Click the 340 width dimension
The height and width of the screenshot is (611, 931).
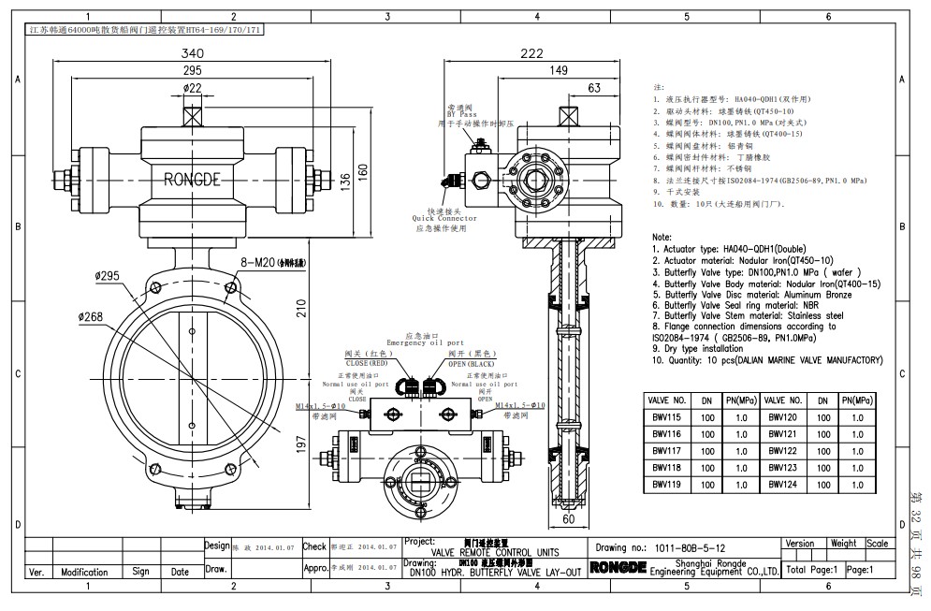(193, 53)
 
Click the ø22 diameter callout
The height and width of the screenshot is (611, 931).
(193, 88)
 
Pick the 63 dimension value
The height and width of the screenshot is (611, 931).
(593, 88)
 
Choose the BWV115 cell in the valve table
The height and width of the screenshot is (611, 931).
(670, 417)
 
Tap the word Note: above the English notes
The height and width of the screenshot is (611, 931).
(662, 238)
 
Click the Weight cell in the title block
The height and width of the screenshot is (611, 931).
(843, 543)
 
